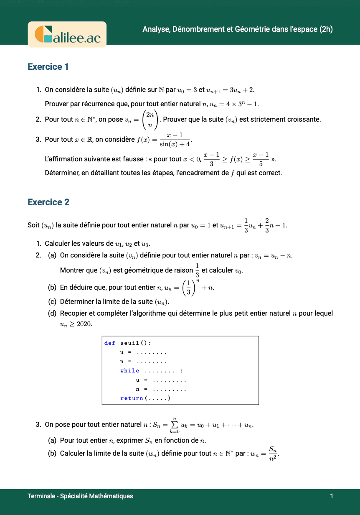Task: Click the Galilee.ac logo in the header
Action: point(67,34)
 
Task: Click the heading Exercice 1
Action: point(48,67)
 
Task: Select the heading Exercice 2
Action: point(48,202)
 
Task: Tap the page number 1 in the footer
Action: point(332,496)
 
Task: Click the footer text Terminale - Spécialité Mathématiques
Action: point(80,496)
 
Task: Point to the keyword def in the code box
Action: point(110,343)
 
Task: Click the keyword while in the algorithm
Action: point(130,371)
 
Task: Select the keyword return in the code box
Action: point(132,398)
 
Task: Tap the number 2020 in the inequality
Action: point(84,324)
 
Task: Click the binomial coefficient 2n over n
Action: point(150,120)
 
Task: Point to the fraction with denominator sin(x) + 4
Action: point(175,140)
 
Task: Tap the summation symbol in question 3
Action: point(175,425)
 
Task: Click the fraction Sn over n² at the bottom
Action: point(273,454)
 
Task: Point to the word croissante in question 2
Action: point(304,120)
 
